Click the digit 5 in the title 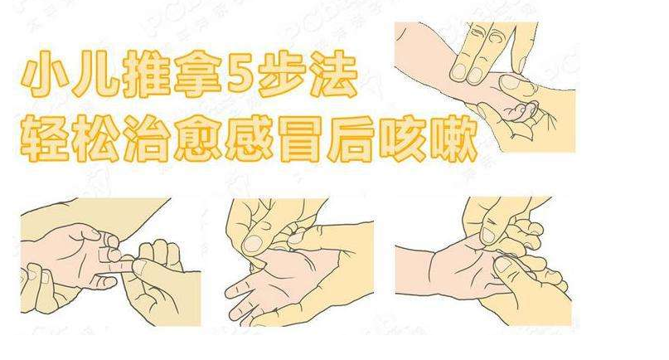coord(240,74)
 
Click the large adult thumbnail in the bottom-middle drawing coord(253,243)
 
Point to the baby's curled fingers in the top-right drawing coord(521,112)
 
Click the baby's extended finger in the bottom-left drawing coord(114,264)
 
